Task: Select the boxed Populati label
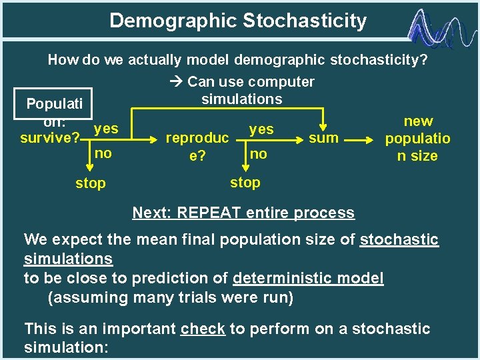(x=54, y=104)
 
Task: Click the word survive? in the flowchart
(x=50, y=139)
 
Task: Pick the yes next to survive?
(x=106, y=128)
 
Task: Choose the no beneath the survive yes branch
(x=103, y=154)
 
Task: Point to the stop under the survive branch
(x=90, y=183)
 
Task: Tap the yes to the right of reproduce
(x=261, y=129)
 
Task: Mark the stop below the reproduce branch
(x=245, y=182)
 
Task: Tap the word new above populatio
(x=418, y=121)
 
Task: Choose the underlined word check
(x=203, y=329)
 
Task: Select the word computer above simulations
(x=279, y=82)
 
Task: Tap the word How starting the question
(x=63, y=61)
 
